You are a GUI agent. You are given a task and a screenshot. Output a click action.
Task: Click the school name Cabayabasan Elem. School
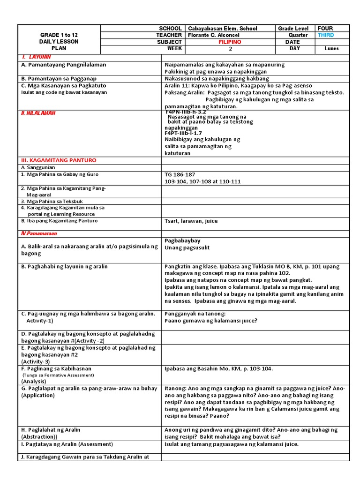point(223,29)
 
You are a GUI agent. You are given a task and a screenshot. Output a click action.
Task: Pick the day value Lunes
point(331,49)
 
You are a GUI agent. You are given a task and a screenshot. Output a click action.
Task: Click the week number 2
point(230,49)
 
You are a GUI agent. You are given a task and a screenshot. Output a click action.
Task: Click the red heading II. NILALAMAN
point(38,113)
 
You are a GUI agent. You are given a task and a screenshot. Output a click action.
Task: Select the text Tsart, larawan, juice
point(191,221)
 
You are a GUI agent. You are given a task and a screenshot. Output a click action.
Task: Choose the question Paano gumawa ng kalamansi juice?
point(211,321)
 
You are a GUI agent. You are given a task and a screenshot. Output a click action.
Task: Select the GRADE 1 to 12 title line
point(59,35)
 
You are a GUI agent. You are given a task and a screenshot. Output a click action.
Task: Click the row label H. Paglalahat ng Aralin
point(51,430)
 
